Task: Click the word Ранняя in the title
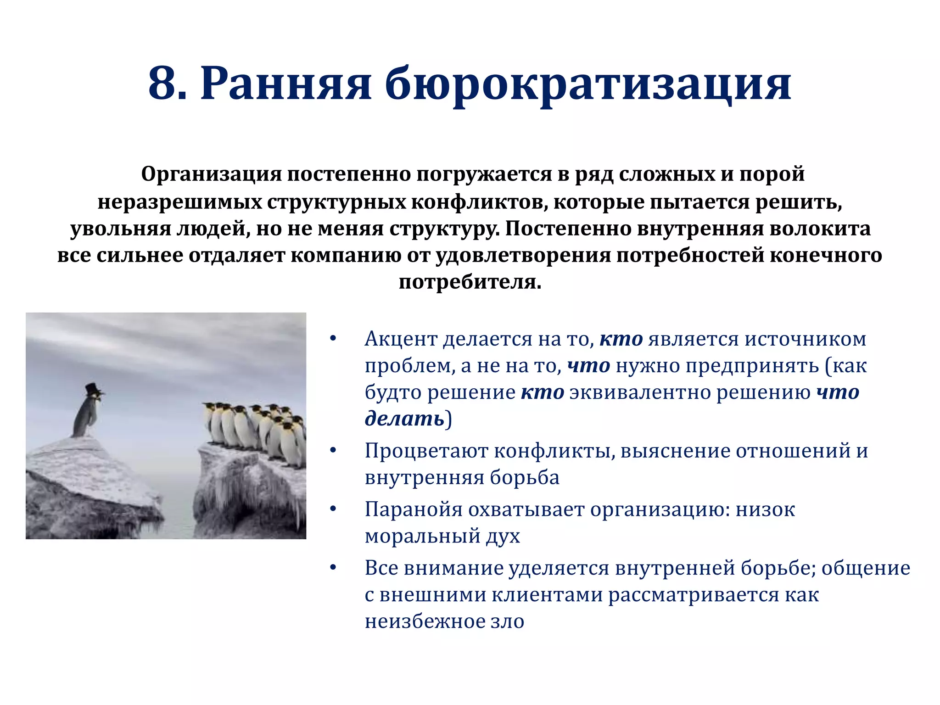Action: [285, 84]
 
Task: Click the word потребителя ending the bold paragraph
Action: [469, 282]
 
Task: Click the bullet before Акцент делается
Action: [333, 339]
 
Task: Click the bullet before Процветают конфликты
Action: [333, 451]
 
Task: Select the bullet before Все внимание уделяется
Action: [333, 568]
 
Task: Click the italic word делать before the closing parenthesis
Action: [404, 419]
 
